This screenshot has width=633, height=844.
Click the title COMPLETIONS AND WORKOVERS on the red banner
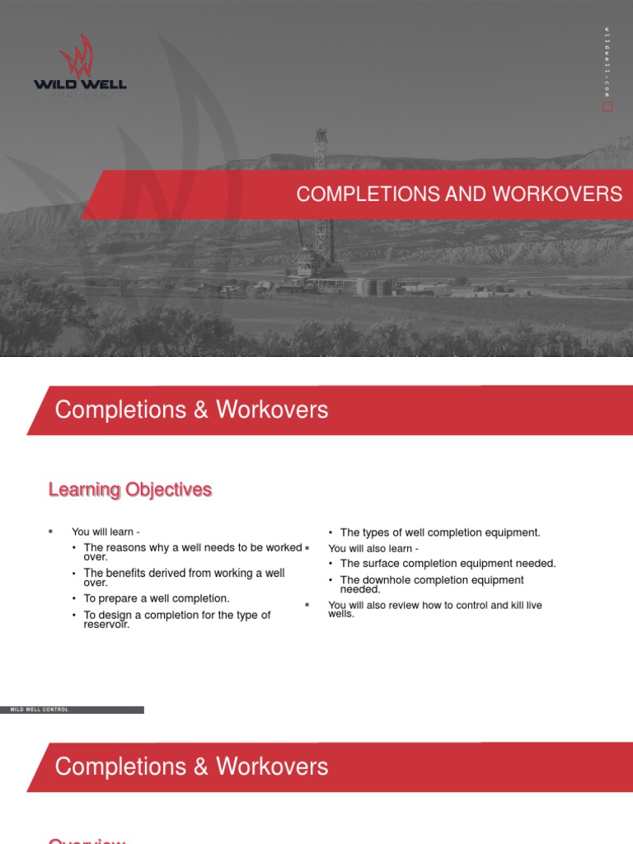459,195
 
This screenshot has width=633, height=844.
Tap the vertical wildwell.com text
607,62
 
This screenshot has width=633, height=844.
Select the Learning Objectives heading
130,490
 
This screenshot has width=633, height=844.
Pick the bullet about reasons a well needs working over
192,552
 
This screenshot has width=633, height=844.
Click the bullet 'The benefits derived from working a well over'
184,577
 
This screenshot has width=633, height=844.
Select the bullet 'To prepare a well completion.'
157,598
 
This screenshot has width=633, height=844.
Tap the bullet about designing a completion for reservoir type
176,619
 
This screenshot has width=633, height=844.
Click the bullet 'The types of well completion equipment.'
440,532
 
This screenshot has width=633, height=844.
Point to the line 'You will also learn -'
373,548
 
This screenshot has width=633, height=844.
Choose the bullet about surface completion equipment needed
448,564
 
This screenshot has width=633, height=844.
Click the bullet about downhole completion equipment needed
431,584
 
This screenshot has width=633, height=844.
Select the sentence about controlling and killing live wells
434,609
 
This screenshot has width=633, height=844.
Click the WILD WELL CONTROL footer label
39,709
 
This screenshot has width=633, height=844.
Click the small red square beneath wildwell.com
607,107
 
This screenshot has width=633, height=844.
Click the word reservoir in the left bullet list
107,624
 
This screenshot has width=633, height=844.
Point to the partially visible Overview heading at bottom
87,839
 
